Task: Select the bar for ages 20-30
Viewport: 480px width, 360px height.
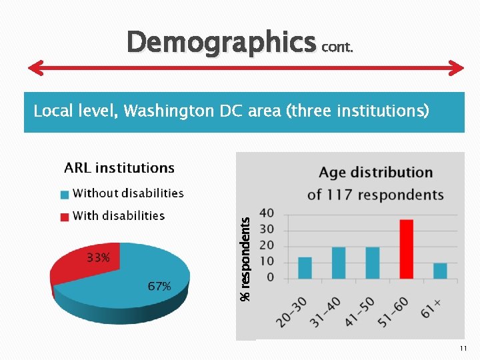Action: pyautogui.click(x=305, y=267)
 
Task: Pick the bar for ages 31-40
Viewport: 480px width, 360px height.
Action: pyautogui.click(x=339, y=263)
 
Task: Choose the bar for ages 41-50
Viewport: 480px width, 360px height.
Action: pyautogui.click(x=372, y=263)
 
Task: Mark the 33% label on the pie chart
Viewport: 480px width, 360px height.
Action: pyautogui.click(x=97, y=257)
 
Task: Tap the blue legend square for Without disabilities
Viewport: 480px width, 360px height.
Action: pyautogui.click(x=65, y=195)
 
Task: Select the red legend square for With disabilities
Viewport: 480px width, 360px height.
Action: pyautogui.click(x=65, y=217)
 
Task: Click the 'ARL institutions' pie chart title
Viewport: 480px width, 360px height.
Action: pyautogui.click(x=119, y=168)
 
